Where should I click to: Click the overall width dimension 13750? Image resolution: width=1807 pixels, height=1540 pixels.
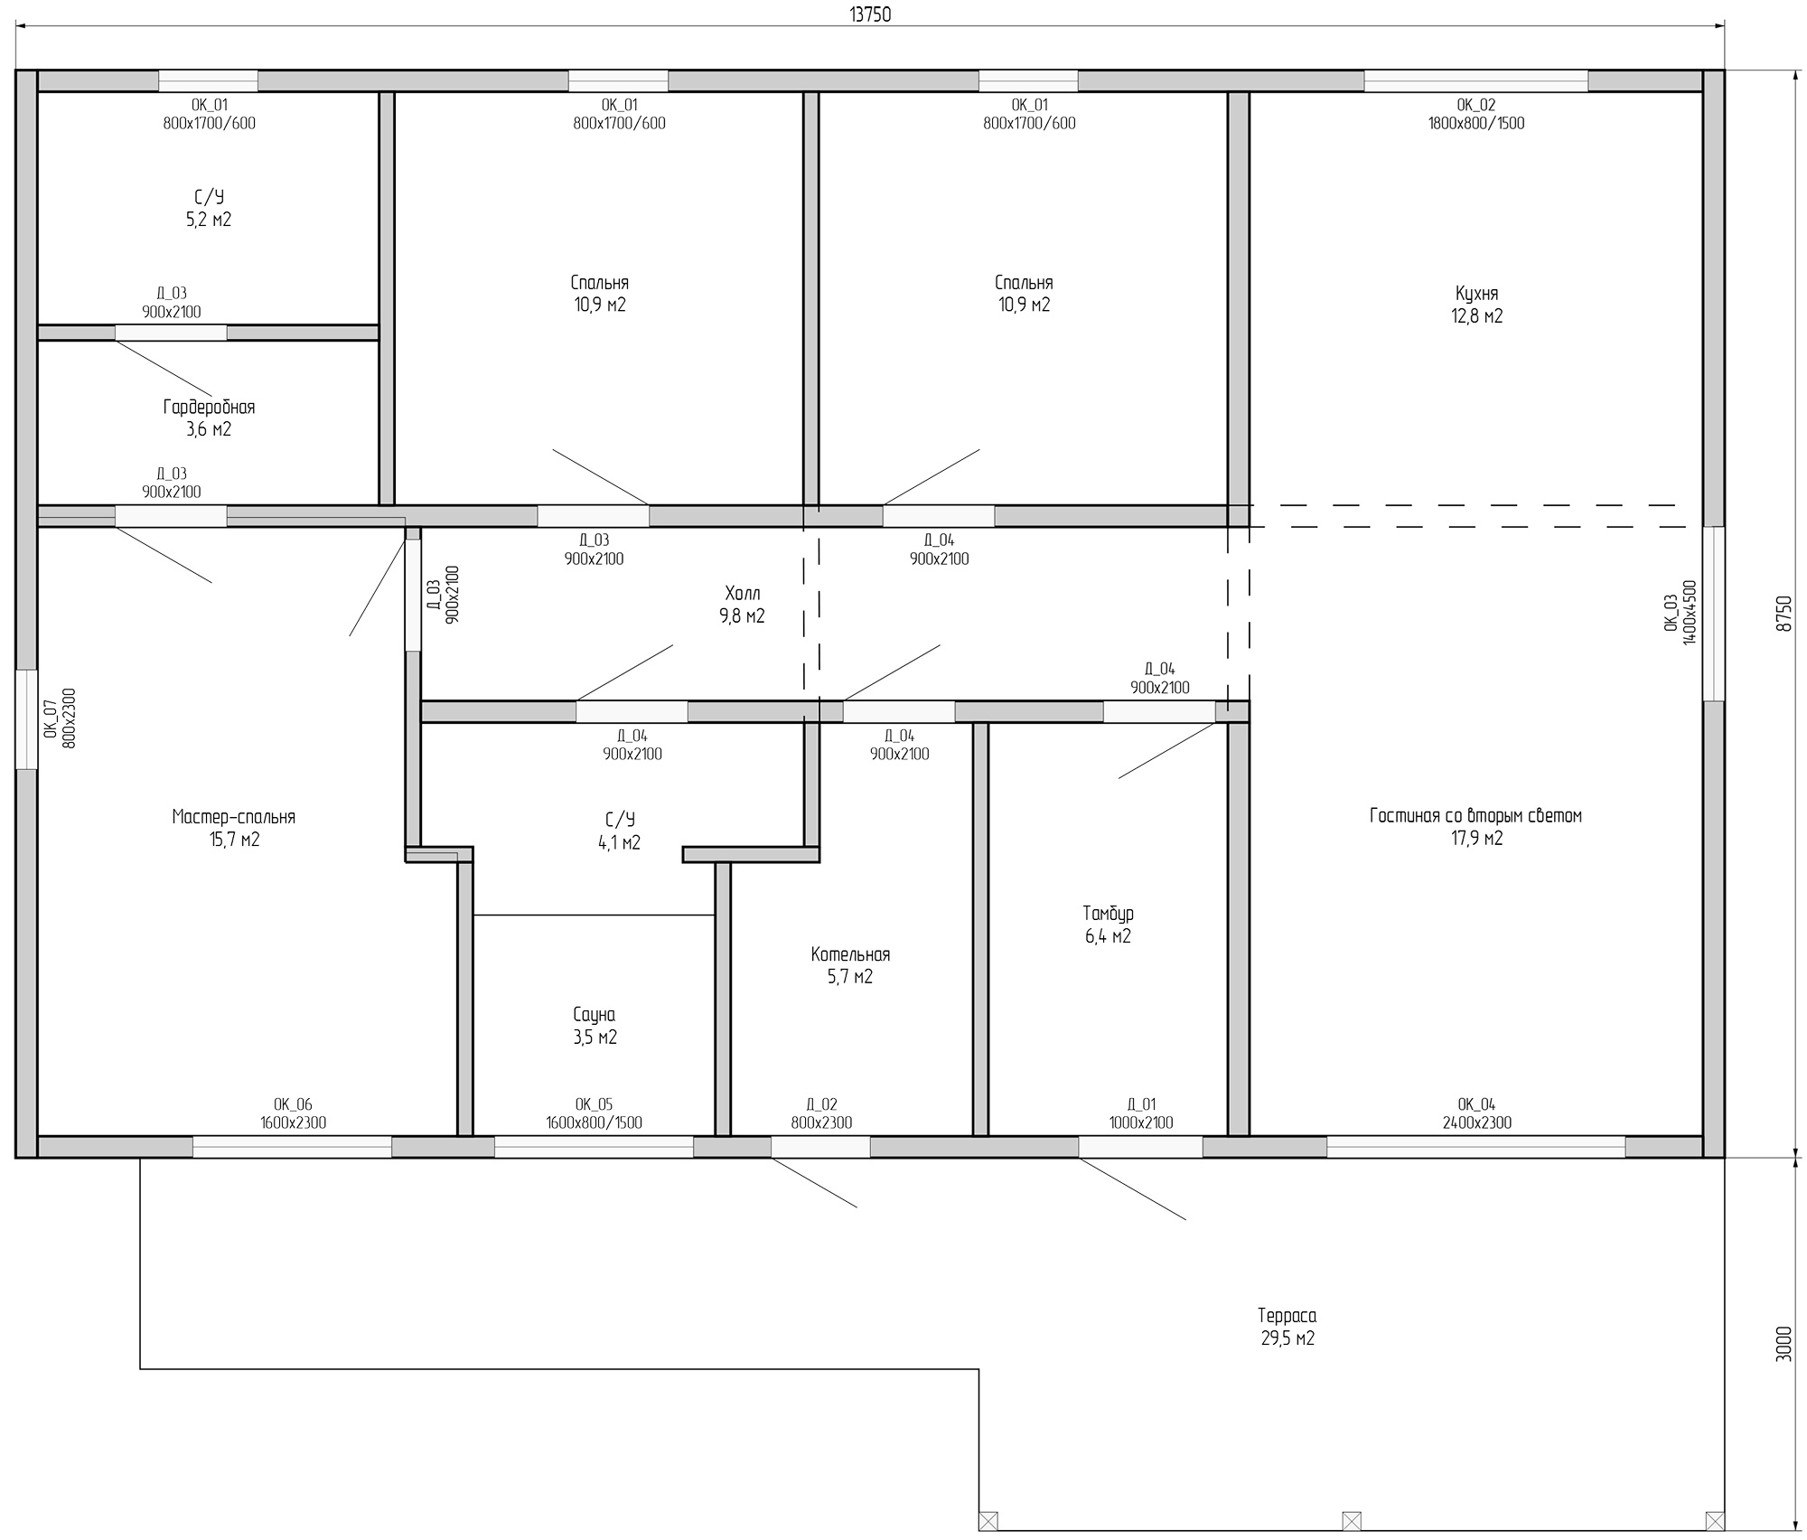870,14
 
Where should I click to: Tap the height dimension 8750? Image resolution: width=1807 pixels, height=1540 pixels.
1783,613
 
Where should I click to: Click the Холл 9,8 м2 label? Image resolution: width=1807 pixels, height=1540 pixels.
743,605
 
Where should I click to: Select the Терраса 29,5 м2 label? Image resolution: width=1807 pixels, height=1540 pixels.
1287,1327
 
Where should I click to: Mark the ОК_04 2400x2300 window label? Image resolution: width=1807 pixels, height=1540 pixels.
1476,1113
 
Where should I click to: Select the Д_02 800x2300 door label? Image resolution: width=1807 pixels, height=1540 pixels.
821,1113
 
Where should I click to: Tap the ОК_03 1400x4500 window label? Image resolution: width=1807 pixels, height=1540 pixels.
1681,612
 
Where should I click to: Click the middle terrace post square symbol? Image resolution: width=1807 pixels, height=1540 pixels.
1351,1520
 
